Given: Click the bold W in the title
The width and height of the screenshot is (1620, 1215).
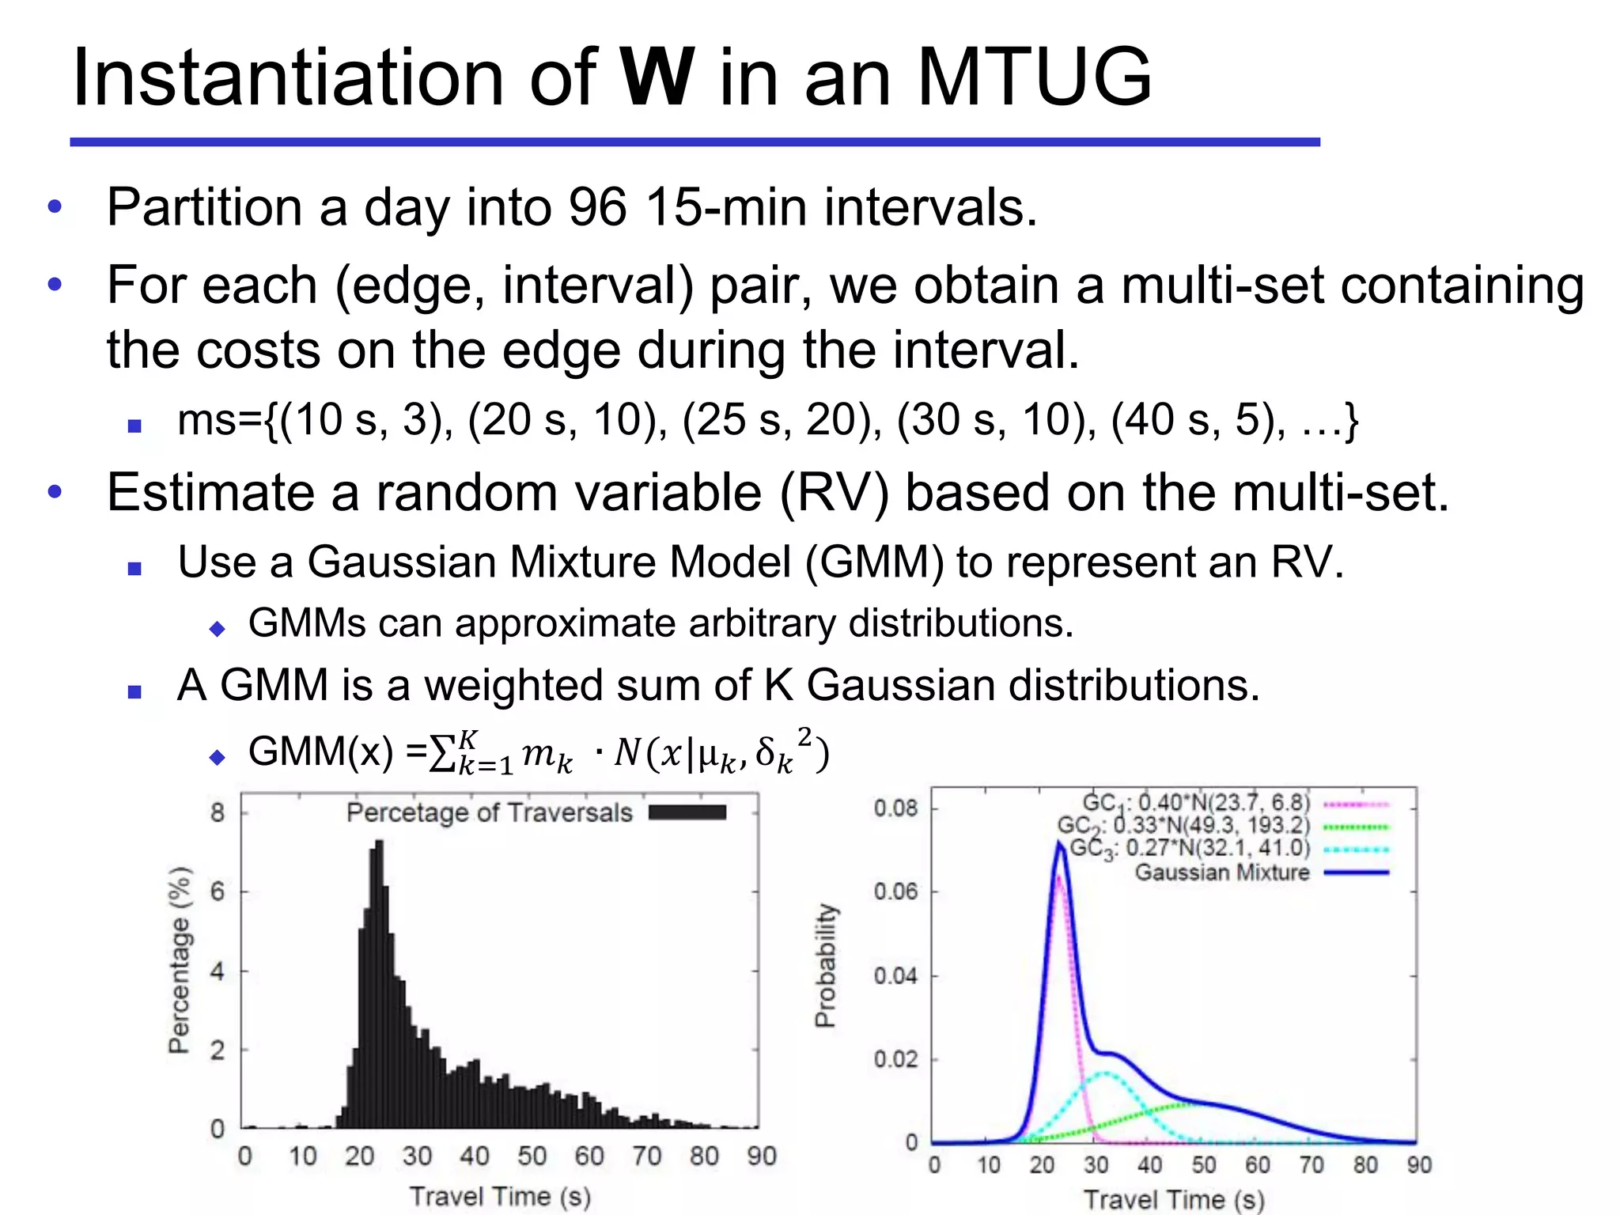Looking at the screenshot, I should point(657,78).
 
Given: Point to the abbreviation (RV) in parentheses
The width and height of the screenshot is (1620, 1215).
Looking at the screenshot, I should point(835,493).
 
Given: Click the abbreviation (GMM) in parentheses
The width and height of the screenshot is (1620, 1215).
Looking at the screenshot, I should point(875,562).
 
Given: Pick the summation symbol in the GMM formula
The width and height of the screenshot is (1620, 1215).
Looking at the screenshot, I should point(441,753).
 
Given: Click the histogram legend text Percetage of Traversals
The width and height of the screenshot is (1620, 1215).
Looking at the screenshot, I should point(489,812).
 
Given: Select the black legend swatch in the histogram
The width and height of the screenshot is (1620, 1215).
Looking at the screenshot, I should point(687,812).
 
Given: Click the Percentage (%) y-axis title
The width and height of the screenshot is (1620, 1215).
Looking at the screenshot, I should point(180,960).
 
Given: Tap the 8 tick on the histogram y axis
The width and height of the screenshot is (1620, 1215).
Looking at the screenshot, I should point(218,812).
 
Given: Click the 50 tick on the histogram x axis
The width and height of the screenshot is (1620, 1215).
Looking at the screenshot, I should point(532,1156).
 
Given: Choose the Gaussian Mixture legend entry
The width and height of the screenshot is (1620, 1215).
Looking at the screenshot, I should point(1222,872).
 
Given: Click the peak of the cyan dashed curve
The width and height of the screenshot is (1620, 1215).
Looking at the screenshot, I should point(1103,1073).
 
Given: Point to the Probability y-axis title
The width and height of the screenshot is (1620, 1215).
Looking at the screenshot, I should point(825,965).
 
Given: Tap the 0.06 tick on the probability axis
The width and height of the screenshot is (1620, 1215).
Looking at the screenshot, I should point(895,891).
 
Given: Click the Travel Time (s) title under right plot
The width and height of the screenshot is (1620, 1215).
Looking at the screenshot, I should point(1173,1199).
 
